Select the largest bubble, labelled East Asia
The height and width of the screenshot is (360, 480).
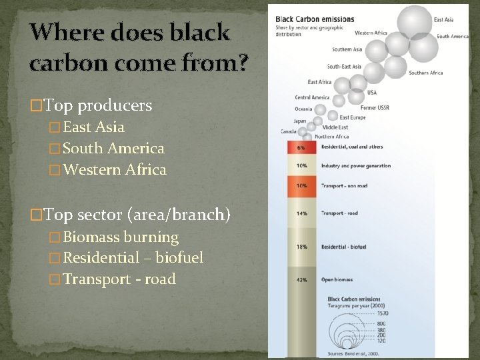coord(415,20)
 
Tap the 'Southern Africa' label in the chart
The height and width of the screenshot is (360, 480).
coord(426,73)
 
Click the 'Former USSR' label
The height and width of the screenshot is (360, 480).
coord(375,107)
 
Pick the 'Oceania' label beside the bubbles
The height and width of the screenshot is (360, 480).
coord(303,109)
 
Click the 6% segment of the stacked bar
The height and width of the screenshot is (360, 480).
coord(301,147)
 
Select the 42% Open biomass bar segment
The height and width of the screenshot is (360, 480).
coord(301,280)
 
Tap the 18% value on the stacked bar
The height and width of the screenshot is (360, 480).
coord(301,247)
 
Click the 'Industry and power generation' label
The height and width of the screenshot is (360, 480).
coord(355,165)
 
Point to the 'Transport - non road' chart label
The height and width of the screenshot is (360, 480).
coord(344,187)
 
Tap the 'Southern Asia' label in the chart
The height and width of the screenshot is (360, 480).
coord(347,49)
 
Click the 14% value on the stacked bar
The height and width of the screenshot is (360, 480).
coord(301,213)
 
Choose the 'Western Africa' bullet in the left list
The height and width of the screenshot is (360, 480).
coord(113,169)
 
